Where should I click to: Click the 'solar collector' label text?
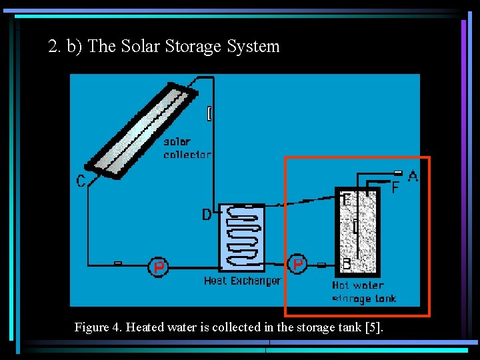tap(187, 148)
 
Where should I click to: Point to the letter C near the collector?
tap(81, 181)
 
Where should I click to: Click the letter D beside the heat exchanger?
tap(207, 215)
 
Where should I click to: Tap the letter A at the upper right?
tap(413, 177)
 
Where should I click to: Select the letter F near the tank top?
tap(395, 189)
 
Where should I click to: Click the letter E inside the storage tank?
tap(345, 199)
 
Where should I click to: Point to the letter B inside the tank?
tap(346, 264)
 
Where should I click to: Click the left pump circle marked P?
tap(158, 268)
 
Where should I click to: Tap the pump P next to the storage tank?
tap(298, 264)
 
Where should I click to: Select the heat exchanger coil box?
tap(241, 237)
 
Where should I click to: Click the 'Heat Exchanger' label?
tap(242, 281)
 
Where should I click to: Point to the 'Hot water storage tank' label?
tap(363, 292)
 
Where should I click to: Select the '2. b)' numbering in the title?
tap(65, 47)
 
